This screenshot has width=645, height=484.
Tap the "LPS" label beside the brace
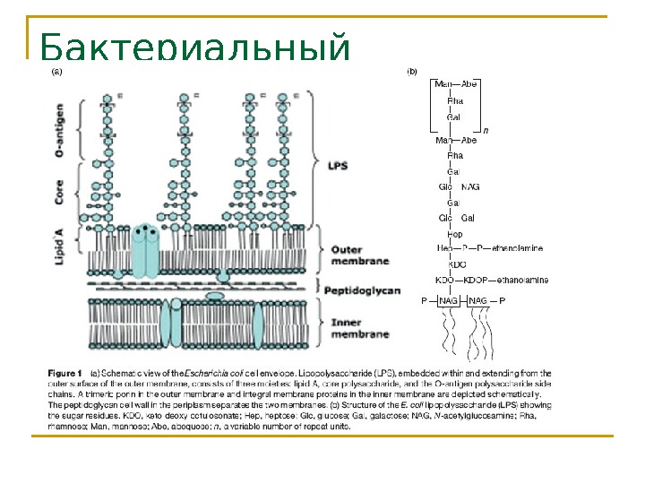(338, 166)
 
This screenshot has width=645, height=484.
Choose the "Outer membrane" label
(359, 255)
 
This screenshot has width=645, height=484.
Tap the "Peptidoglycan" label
(362, 290)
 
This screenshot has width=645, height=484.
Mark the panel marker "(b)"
(413, 69)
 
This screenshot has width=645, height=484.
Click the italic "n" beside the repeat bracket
(485, 130)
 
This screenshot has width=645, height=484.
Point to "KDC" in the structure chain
(457, 264)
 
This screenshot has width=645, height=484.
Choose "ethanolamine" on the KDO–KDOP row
(520, 280)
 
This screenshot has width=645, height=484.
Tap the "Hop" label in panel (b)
(455, 233)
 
